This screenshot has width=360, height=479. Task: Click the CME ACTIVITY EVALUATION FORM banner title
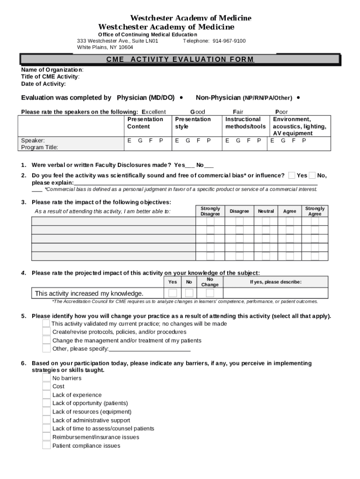[x=180, y=59]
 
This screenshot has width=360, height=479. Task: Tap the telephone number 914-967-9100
[x=229, y=41]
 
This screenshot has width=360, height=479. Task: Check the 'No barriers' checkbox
[x=46, y=378]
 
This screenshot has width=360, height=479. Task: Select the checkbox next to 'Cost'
[x=46, y=386]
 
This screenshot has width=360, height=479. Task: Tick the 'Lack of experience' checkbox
[x=46, y=395]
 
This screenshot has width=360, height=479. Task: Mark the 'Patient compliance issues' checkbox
[x=46, y=445]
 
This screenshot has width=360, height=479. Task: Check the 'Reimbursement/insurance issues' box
[x=46, y=437]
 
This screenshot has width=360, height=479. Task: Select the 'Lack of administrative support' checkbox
[x=46, y=420]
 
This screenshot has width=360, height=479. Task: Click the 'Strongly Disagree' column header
[x=210, y=211]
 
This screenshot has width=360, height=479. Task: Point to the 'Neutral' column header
[x=266, y=211]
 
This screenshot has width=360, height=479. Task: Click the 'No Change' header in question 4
[x=210, y=282]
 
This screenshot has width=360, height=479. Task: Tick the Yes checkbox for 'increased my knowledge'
[x=173, y=293]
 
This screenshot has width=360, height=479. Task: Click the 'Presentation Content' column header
[x=145, y=123]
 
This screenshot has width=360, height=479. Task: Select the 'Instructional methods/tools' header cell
[x=245, y=123]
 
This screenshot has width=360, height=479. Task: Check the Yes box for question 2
[x=292, y=175]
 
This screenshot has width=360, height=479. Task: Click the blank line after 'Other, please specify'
[x=150, y=349]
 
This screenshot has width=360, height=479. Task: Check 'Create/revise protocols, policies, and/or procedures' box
[x=46, y=332]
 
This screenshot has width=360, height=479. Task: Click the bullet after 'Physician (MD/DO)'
[x=181, y=98]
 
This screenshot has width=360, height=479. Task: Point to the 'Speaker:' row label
[x=33, y=140]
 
